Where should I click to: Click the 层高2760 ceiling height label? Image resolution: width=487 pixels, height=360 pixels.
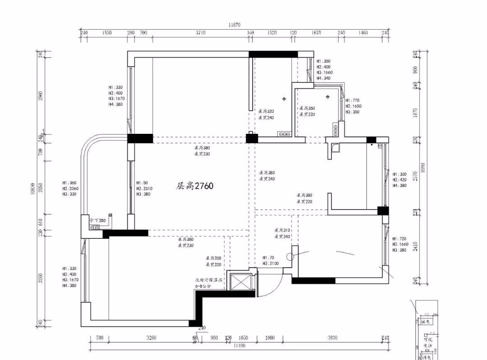(194, 186)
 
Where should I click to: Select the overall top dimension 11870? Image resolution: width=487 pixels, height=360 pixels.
(234, 25)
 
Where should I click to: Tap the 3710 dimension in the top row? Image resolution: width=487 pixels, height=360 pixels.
(200, 33)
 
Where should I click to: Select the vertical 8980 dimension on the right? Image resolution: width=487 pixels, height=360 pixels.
(423, 168)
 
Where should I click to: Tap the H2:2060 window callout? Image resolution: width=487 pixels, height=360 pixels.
(71, 188)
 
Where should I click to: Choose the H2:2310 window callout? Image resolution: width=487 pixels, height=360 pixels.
(144, 188)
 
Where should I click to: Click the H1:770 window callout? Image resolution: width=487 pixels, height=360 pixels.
(353, 100)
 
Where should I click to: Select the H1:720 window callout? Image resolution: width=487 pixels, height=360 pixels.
(400, 238)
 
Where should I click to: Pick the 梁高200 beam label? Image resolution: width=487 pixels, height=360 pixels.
(214, 258)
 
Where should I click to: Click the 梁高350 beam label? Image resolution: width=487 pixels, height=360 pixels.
(307, 108)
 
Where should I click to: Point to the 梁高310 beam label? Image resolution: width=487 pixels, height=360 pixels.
(282, 230)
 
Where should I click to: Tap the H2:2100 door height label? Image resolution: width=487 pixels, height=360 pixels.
(271, 263)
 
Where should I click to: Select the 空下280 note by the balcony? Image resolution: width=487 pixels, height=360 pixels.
(97, 220)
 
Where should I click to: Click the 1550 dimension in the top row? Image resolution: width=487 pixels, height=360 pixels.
(106, 33)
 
